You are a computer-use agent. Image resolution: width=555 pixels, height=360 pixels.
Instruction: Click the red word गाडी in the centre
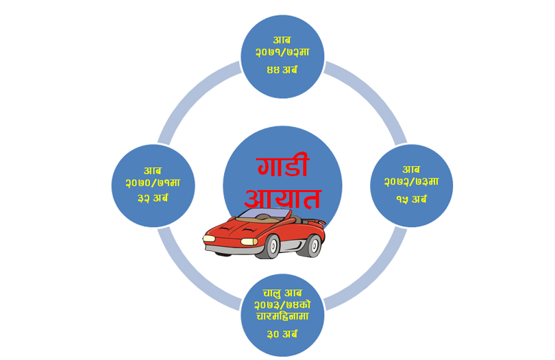282,167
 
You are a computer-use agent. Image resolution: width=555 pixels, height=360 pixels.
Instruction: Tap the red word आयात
282,199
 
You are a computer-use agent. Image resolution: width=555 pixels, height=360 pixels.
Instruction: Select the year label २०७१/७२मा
282,52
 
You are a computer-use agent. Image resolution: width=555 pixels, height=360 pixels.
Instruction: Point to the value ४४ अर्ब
282,69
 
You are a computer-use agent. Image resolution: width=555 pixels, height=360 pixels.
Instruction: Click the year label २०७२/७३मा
411,182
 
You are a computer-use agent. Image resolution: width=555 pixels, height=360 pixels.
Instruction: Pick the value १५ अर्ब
411,199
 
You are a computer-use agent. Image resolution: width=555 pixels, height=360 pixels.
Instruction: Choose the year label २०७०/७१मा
153,183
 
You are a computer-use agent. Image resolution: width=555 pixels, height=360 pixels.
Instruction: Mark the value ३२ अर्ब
153,198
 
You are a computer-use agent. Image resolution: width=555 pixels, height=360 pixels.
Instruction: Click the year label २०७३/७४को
282,305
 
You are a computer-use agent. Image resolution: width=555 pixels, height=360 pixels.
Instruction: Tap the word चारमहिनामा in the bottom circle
282,317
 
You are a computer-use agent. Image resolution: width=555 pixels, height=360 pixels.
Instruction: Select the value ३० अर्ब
282,334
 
